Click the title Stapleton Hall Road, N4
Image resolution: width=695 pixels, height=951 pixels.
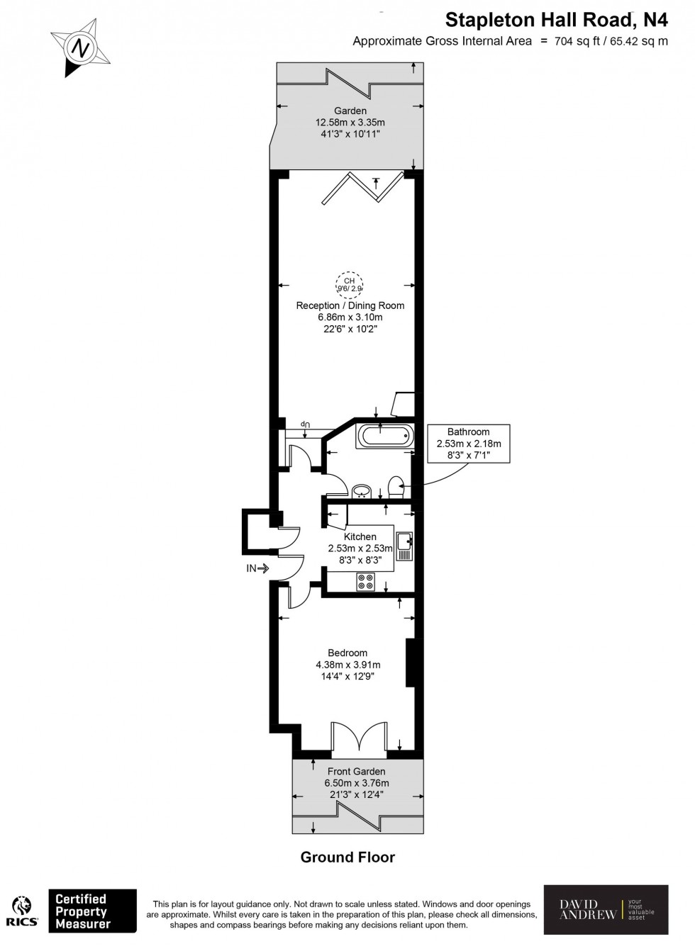coord(556,19)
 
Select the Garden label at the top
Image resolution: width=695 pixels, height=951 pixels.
coord(350,111)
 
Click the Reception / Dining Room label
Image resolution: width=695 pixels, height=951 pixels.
coord(350,305)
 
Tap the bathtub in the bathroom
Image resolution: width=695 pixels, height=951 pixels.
coord(383,435)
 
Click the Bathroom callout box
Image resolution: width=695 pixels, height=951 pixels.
coord(468,444)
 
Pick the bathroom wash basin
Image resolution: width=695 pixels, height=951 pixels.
coord(362,490)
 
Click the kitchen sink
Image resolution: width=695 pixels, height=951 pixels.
coord(405,546)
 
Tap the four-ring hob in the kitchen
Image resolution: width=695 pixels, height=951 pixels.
coord(366,581)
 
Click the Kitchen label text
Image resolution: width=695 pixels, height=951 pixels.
coord(360,536)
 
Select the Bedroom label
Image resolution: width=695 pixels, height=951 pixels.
coord(347,653)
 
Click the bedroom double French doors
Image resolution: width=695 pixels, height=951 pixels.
coord(359,738)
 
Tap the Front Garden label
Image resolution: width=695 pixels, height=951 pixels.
coord(356,771)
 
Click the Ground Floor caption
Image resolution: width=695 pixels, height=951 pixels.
coord(347,857)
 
